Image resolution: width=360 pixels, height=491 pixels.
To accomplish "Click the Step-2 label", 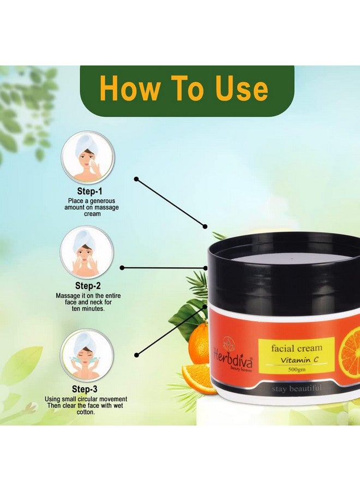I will click(88, 285).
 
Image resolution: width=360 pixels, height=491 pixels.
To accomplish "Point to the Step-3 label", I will click(88, 389).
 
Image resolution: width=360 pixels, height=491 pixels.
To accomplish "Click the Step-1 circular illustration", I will click(88, 157).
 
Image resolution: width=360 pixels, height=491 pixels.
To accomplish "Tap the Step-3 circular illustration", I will click(87, 354).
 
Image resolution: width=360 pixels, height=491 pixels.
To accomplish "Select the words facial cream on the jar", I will click(297, 348).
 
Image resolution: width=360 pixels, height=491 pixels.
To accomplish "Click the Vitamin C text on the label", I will click(297, 360).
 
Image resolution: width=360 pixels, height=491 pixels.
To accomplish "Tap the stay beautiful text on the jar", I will click(297, 389).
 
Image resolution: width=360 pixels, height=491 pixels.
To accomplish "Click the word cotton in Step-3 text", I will click(87, 412).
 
